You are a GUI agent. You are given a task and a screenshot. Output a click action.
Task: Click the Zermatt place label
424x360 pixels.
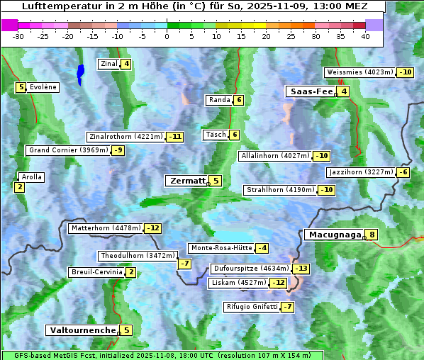pos(186,181)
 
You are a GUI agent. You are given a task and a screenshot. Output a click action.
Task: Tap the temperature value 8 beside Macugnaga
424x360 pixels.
pos(372,235)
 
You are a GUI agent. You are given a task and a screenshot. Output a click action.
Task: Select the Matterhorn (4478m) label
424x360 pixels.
pos(105,228)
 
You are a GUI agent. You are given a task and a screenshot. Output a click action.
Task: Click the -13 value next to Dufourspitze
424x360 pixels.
pos(302,269)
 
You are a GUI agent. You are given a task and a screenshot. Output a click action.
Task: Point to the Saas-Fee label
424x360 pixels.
pos(310,91)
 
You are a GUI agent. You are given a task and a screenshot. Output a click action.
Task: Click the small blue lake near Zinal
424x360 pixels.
pos(80,73)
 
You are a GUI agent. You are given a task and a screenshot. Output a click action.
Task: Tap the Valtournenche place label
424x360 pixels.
pos(82,330)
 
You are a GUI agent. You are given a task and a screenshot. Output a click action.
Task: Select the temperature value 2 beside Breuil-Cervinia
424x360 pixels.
pos(131,272)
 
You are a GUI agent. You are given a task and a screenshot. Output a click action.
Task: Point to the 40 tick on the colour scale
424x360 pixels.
pos(365,36)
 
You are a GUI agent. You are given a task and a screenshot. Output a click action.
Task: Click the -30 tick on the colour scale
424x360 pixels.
pos(18,36)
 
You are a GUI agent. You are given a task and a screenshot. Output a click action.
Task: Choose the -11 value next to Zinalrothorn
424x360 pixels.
pos(174,137)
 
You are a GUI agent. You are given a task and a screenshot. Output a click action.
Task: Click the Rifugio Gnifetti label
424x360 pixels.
pos(251,307)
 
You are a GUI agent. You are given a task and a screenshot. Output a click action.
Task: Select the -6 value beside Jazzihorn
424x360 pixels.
pos(403,172)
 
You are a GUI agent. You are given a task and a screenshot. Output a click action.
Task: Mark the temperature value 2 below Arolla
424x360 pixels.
pos(19,187)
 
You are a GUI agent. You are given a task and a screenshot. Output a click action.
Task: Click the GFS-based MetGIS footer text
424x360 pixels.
pos(162,355)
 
